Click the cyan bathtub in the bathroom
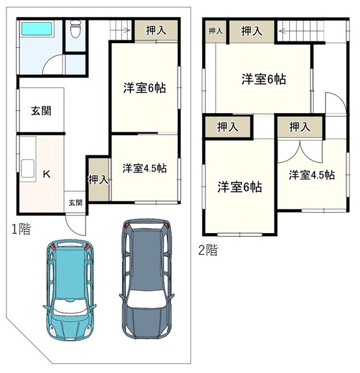37,29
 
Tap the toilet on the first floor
76,29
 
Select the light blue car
69,289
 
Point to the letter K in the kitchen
47,174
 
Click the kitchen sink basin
27,168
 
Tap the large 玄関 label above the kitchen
41,111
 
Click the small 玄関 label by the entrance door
75,203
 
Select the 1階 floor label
22,229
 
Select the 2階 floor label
208,250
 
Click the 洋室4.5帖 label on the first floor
145,168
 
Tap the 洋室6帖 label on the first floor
145,88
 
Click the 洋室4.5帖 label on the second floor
312,175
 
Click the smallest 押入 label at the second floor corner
215,31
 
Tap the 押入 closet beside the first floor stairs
156,30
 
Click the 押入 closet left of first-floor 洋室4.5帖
99,180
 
